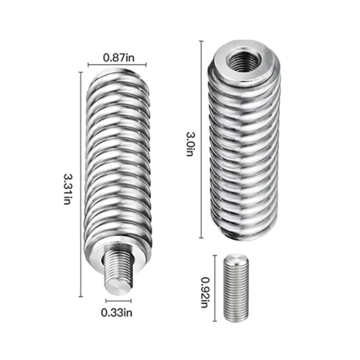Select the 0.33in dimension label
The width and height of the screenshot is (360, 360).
(x=118, y=310)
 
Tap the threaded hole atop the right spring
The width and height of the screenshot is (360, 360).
(x=243, y=58)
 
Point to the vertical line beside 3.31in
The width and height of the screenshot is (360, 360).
(x=81, y=184)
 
